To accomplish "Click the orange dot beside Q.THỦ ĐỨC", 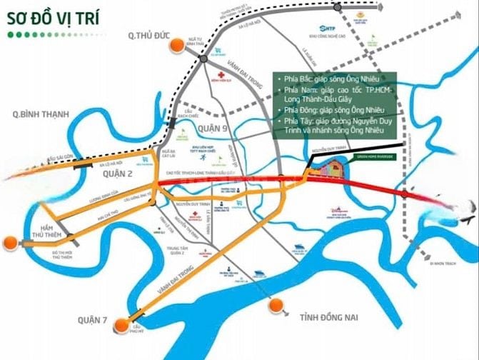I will (174, 46).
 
